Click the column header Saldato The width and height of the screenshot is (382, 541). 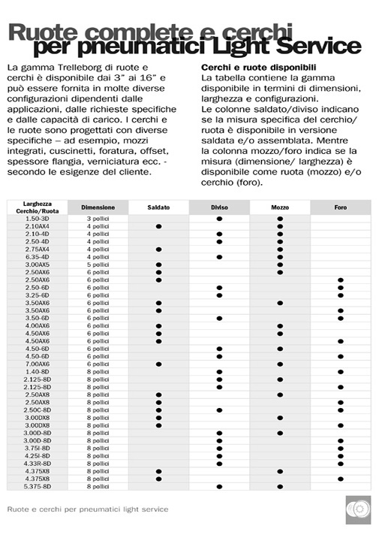158,207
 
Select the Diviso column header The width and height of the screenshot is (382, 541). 219,207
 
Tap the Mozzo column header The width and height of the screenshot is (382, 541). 280,207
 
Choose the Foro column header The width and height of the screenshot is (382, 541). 340,207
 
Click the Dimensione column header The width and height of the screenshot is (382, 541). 98,207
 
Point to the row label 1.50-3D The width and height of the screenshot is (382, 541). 38,218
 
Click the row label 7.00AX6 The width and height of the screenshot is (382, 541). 38,364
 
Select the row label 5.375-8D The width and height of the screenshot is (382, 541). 38,486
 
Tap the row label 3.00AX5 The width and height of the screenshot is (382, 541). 38,264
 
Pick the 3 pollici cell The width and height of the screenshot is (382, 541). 98,218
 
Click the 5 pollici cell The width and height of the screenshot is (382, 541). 98,264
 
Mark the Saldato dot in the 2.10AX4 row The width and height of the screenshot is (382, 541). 158,226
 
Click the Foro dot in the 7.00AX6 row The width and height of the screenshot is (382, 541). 340,364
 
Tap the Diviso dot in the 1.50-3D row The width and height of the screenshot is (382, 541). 219,218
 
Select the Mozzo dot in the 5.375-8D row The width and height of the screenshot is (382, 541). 280,486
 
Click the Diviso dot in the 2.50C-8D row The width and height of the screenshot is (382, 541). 219,410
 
